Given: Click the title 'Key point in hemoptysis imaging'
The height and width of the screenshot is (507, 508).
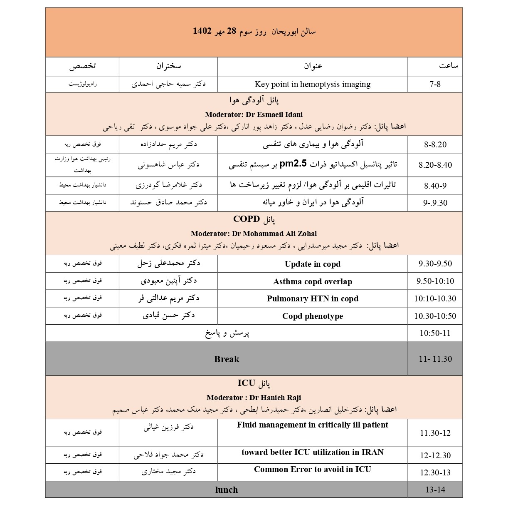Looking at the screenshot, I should [312, 84].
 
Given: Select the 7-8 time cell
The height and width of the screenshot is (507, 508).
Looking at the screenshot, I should [435, 84].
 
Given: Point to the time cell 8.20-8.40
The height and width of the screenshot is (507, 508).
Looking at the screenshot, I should [435, 165].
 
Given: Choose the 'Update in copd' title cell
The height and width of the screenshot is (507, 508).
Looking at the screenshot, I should [312, 264].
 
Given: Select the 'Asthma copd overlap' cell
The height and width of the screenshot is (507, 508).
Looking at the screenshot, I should [312, 281].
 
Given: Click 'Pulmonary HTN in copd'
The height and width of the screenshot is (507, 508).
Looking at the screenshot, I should [312, 298].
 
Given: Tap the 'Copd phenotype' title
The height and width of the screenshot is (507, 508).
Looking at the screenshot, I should [312, 316].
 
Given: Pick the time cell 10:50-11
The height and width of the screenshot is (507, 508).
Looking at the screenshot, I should [435, 333].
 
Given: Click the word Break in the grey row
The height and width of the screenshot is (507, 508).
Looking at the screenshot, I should [227, 359].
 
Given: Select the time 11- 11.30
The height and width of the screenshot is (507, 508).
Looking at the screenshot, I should [435, 359].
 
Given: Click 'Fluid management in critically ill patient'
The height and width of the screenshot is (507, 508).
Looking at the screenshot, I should [312, 425].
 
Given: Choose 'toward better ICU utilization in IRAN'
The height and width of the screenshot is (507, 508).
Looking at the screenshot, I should [312, 452].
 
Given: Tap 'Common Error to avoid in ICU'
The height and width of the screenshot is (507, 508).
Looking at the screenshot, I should [312, 470].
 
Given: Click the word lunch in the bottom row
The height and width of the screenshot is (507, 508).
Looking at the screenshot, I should [227, 490].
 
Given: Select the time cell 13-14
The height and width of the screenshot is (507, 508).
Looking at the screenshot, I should [435, 490].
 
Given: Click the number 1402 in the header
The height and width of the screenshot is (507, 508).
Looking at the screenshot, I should [202, 31].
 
